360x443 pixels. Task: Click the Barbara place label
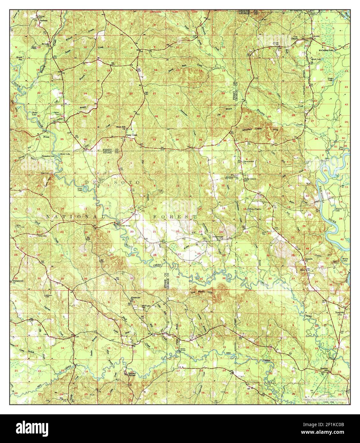[x=43, y=21]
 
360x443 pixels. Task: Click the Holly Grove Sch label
[x=250, y=179]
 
